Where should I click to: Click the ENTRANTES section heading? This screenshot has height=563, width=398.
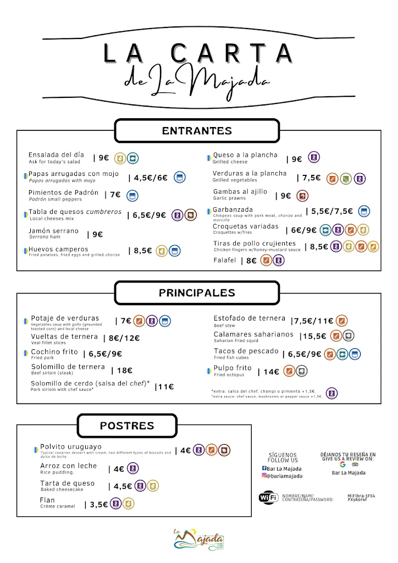click(197, 131)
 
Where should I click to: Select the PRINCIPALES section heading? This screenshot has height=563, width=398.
click(197, 293)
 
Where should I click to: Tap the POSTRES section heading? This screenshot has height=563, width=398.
click(127, 426)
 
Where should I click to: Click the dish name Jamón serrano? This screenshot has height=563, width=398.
click(53, 231)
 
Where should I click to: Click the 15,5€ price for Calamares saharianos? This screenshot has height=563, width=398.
click(314, 336)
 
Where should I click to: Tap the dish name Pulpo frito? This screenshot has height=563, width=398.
click(233, 368)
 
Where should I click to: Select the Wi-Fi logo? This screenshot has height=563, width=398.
click(268, 497)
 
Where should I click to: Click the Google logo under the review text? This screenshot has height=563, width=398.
click(342, 465)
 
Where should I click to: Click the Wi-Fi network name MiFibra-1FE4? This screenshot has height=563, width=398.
click(361, 495)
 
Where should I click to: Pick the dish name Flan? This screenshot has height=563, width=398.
click(47, 500)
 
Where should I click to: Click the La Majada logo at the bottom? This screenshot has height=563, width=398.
click(199, 538)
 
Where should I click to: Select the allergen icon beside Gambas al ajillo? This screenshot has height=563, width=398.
click(302, 196)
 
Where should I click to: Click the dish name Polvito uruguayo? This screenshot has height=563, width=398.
click(70, 446)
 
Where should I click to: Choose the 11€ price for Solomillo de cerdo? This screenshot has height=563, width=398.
click(165, 387)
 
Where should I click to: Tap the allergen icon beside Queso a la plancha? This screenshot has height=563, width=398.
click(313, 158)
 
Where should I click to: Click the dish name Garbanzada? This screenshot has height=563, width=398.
click(233, 210)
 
